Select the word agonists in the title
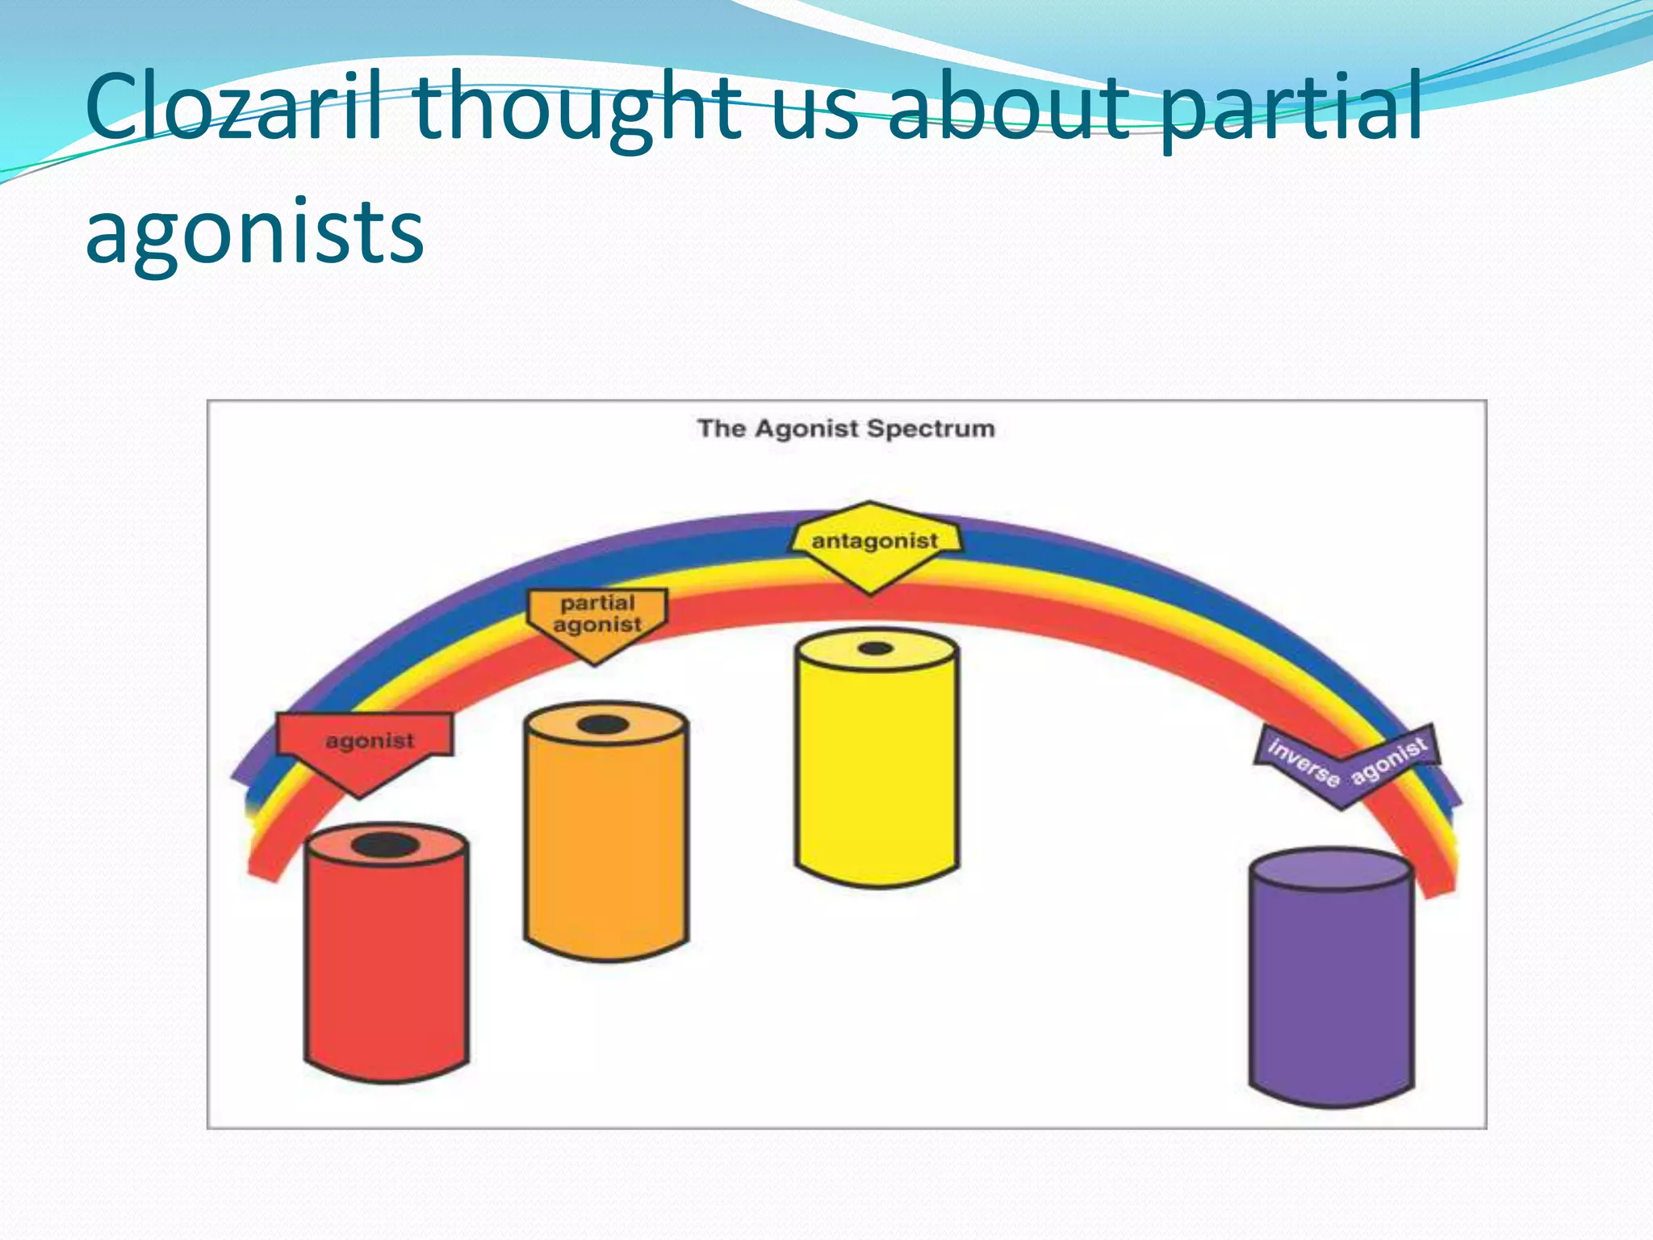[254, 232]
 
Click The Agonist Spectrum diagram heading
[846, 429]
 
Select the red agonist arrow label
[366, 743]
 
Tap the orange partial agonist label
[597, 617]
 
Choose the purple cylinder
[1331, 993]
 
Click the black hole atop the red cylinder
[385, 846]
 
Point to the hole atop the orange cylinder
[603, 725]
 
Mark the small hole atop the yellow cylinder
[876, 648]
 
